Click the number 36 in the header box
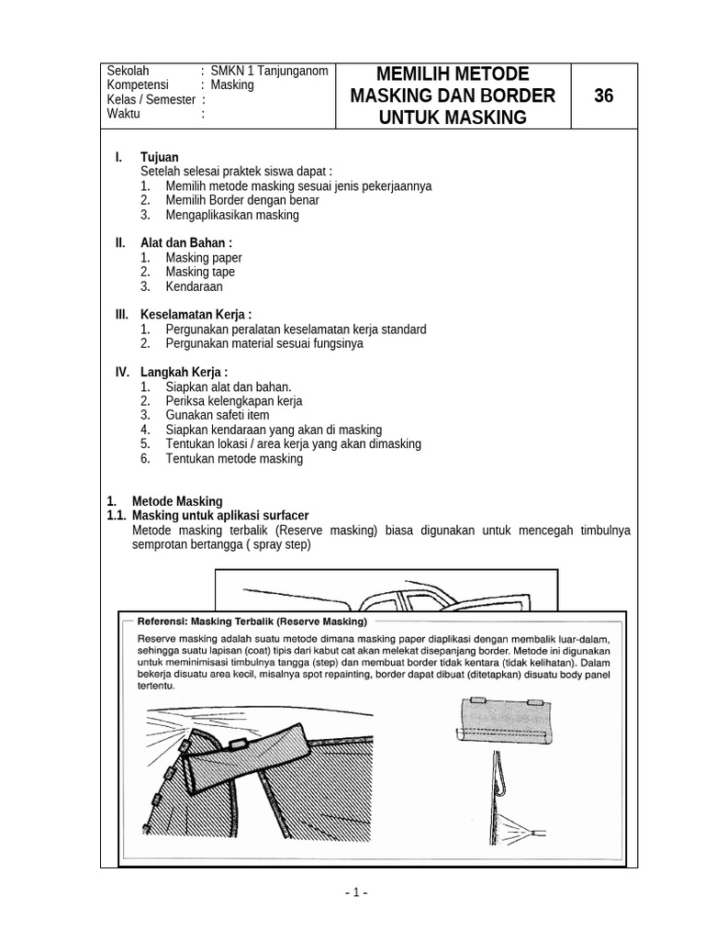603,95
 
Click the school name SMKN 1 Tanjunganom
269,71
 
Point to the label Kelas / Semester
151,100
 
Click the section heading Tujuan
160,157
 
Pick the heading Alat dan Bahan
179,242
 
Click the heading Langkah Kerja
184,372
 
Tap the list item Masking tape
200,272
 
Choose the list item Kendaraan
194,286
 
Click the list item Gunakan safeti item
218,415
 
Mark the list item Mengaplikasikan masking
232,215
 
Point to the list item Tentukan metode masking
234,458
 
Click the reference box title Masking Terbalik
308,621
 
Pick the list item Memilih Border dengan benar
242,200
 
